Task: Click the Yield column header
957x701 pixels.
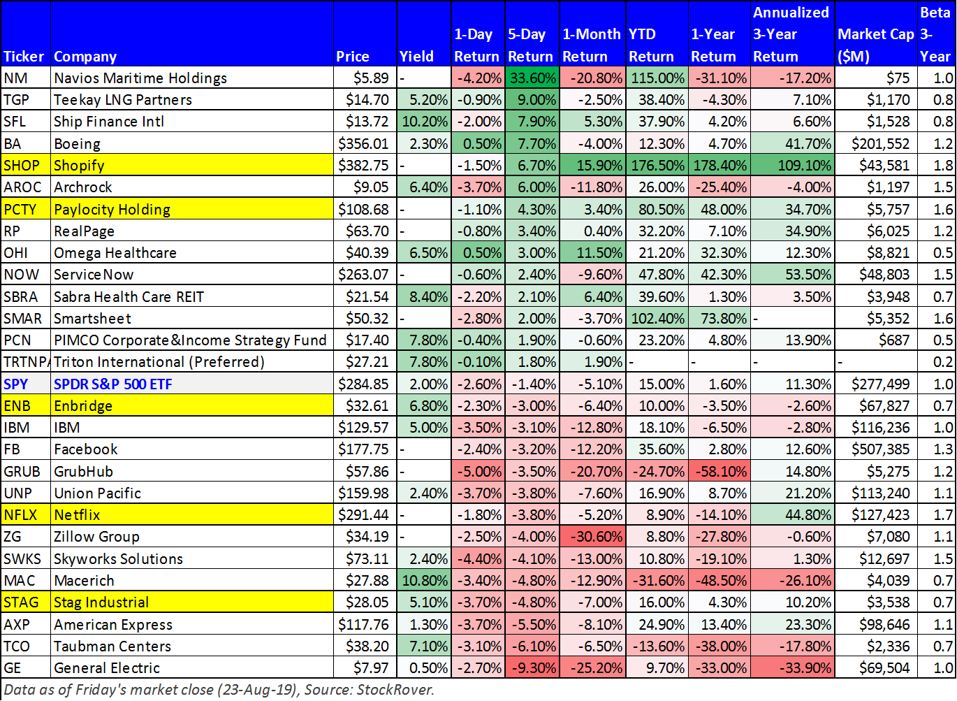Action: (416, 57)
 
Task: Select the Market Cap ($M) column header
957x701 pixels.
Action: (876, 45)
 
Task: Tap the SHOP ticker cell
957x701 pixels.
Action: (22, 166)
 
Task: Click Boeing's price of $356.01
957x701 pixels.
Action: (363, 143)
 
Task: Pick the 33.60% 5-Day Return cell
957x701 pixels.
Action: (532, 78)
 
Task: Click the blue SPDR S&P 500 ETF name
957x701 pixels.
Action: (112, 384)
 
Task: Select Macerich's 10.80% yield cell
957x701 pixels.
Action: (424, 581)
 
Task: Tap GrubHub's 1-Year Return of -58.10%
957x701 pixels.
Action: (720, 472)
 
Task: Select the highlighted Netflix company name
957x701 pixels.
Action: (77, 515)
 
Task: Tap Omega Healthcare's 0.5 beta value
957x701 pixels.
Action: (943, 252)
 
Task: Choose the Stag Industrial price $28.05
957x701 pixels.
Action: (367, 602)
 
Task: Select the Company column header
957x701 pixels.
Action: (85, 57)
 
